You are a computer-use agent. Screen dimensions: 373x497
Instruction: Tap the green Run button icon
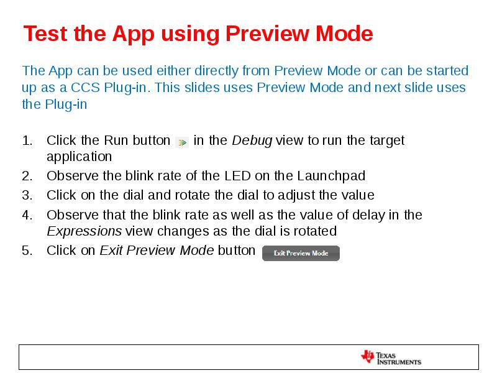[x=181, y=142]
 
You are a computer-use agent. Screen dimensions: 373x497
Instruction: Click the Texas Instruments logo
[x=391, y=357]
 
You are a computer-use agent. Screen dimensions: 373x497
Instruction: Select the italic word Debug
[x=252, y=140]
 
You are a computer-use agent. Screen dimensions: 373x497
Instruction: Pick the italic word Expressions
[x=84, y=231]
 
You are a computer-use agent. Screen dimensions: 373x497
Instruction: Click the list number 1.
[x=27, y=140]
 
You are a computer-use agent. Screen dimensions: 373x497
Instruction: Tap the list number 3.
[x=27, y=195]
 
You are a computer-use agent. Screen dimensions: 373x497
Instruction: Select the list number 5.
[x=27, y=251]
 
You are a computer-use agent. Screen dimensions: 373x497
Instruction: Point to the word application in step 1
[x=79, y=157]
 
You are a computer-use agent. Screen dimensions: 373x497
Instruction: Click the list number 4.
[x=27, y=215]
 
